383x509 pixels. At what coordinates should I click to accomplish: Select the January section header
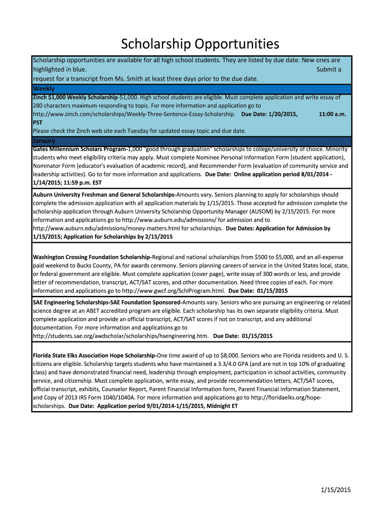[x=44, y=141]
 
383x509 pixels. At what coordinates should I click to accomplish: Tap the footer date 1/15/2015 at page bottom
[x=336, y=491]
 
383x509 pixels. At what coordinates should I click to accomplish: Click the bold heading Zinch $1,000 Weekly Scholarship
[x=75, y=97]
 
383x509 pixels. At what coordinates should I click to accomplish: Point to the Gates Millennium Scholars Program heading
[x=79, y=149]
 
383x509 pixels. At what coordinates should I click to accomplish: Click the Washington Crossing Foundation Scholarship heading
[x=92, y=257]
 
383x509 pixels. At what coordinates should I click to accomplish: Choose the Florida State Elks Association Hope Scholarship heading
[x=94, y=355]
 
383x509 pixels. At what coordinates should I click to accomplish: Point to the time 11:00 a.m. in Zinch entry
[x=332, y=114]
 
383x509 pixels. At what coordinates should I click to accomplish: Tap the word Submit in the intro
[x=326, y=70]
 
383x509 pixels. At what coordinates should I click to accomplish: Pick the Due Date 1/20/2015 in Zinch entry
[x=270, y=114]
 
